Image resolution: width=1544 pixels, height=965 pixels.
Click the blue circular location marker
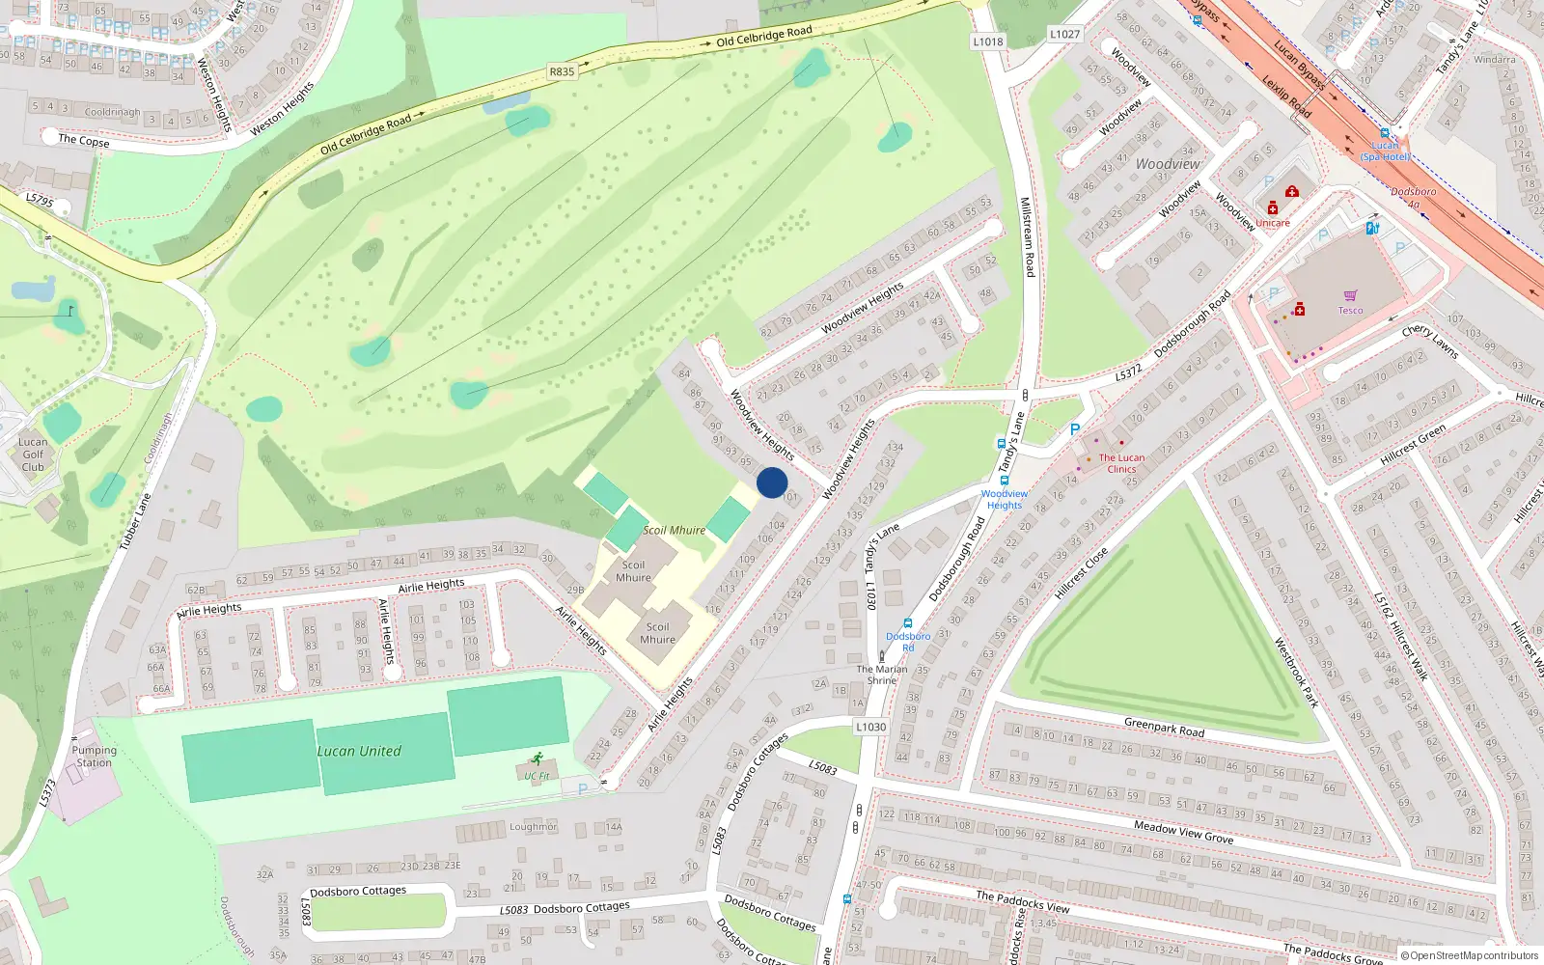pyautogui.click(x=772, y=482)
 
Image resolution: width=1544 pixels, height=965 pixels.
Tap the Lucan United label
pyautogui.click(x=359, y=751)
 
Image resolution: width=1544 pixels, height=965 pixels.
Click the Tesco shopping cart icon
pyautogui.click(x=1350, y=296)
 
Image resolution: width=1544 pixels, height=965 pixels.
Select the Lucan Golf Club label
pyautogui.click(x=33, y=454)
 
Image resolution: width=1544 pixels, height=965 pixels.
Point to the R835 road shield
pyautogui.click(x=562, y=71)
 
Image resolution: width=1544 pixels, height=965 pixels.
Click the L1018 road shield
pyautogui.click(x=987, y=41)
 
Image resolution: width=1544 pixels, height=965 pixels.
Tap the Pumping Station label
pyautogui.click(x=94, y=756)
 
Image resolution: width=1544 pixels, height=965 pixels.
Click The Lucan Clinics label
pyautogui.click(x=1121, y=463)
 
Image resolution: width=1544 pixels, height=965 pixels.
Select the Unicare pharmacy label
pyautogui.click(x=1272, y=223)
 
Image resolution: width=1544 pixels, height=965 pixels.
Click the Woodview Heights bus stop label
pyautogui.click(x=1004, y=499)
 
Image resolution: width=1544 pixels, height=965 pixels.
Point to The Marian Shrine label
pyautogui.click(x=882, y=674)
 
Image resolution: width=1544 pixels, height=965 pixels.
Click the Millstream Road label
pyautogui.click(x=1027, y=237)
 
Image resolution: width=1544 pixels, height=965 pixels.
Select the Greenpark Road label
pyautogui.click(x=1164, y=727)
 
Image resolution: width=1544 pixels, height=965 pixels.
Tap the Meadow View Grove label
pyautogui.click(x=1183, y=832)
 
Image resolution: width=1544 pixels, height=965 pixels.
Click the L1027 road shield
pyautogui.click(x=1064, y=34)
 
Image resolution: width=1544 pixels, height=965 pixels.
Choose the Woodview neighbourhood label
pyautogui.click(x=1168, y=164)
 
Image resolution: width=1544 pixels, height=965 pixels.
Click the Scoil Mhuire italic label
pyautogui.click(x=674, y=530)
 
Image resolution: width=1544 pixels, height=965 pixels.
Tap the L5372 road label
pyautogui.click(x=1128, y=372)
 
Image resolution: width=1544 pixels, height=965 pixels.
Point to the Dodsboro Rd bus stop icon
pyautogui.click(x=907, y=623)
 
